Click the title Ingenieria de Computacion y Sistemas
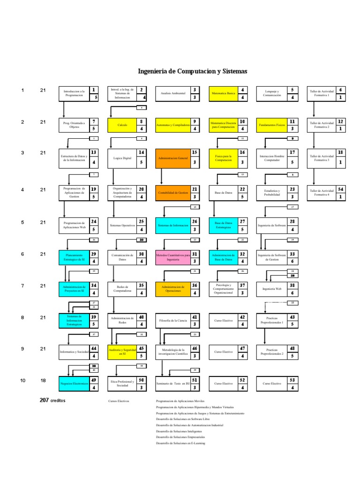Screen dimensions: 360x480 click(192, 71)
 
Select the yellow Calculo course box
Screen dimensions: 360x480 click(122, 126)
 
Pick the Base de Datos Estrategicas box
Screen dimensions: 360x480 click(223, 226)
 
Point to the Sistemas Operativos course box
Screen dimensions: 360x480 click(122, 226)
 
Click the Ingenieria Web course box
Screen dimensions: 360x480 click(272, 289)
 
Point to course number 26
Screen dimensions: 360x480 click(195, 221)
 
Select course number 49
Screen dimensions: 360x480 click(94, 380)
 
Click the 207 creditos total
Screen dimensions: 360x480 click(52, 401)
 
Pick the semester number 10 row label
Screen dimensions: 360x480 click(22, 381)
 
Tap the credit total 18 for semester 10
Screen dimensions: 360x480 click(43, 381)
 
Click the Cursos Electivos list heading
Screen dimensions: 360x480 click(118, 402)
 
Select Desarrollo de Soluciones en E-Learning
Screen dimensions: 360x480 click(181, 443)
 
